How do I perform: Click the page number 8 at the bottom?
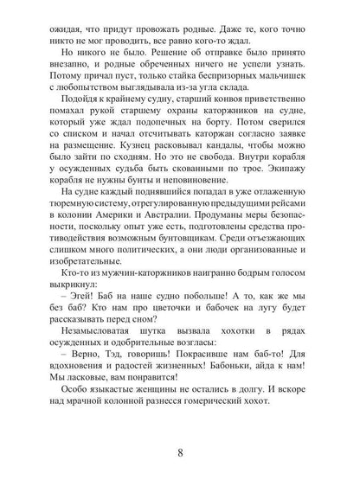pos(179,451)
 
